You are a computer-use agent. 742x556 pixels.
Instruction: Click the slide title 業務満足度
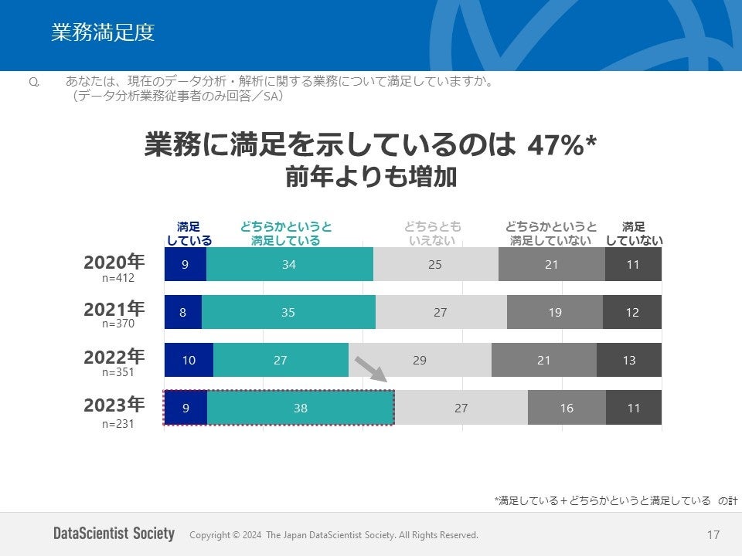point(103,32)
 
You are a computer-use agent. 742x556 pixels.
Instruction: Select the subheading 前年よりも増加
point(371,178)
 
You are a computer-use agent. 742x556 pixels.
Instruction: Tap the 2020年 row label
point(114,262)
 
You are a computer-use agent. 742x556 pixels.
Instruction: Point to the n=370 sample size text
point(118,324)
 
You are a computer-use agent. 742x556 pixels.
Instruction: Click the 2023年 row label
point(114,405)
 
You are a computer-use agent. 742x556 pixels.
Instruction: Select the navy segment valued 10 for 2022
point(189,360)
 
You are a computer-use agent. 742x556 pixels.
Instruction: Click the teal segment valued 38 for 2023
point(301,408)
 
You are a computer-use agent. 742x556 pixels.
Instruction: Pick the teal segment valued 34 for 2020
point(289,264)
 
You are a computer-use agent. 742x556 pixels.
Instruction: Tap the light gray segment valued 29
point(420,360)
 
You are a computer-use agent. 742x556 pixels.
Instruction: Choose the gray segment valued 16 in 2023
point(567,408)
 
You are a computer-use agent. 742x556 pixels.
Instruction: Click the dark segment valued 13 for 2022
point(629,360)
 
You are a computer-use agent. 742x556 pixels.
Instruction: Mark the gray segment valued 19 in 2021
point(554,312)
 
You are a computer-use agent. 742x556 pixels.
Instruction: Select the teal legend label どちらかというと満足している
point(285,233)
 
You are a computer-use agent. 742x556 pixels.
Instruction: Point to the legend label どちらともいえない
point(432,233)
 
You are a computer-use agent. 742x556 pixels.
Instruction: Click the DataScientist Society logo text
point(114,534)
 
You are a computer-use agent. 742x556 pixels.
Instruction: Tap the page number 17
point(713,534)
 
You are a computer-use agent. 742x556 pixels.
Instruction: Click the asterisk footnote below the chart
point(615,500)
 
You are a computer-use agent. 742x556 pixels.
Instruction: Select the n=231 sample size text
point(118,423)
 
